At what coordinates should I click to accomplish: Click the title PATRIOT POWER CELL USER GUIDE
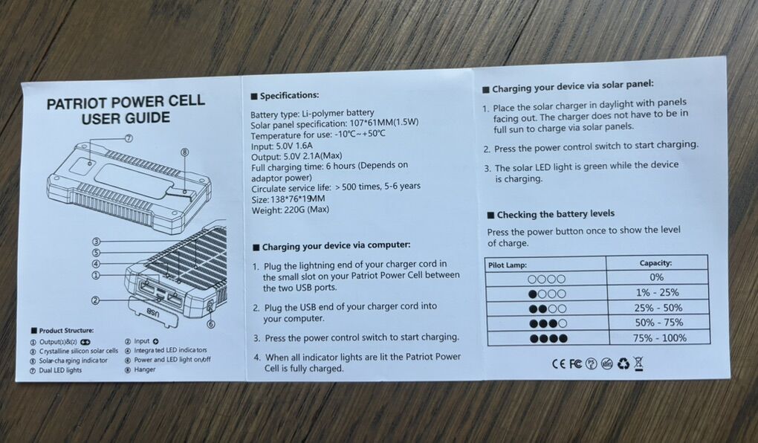click(x=126, y=110)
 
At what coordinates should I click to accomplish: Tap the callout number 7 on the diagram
click(x=129, y=138)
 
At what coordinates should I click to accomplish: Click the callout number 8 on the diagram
click(x=184, y=152)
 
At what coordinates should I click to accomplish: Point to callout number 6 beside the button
click(x=210, y=324)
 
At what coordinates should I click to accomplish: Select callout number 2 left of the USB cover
click(x=96, y=300)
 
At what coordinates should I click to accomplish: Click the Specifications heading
click(x=289, y=96)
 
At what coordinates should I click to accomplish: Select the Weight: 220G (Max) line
click(x=289, y=210)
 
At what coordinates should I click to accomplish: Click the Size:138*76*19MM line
click(x=289, y=198)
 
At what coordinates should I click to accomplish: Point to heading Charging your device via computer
click(x=336, y=245)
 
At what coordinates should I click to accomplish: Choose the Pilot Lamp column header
click(x=507, y=264)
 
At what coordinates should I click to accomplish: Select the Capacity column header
click(x=655, y=263)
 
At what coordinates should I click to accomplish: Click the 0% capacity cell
click(x=656, y=277)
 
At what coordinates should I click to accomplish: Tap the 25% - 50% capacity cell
click(x=656, y=308)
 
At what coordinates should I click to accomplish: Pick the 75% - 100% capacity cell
click(x=656, y=338)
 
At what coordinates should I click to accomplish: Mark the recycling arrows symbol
click(x=623, y=363)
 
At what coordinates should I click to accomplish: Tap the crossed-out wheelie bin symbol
click(x=638, y=363)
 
